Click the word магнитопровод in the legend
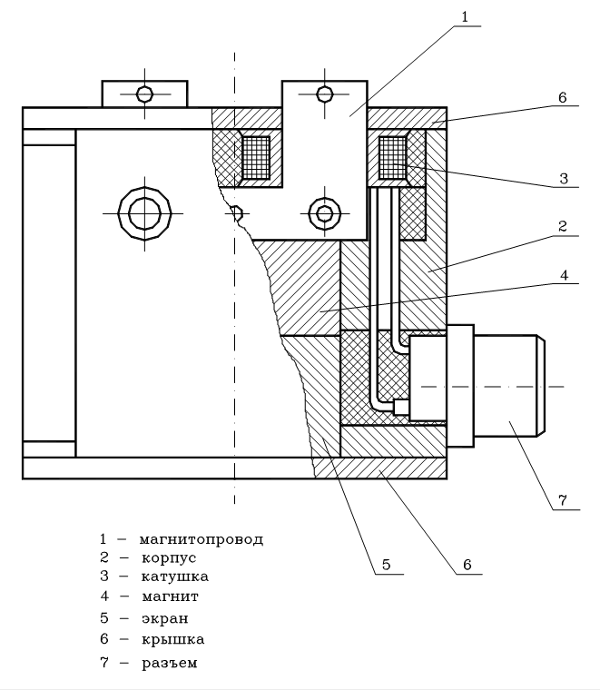(x=202, y=539)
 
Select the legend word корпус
(x=168, y=557)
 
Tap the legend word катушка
(x=174, y=577)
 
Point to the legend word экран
(x=164, y=618)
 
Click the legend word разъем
(x=169, y=663)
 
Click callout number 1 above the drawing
(x=465, y=16)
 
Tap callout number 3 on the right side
(x=564, y=179)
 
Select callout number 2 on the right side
(x=563, y=226)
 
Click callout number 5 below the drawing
(x=386, y=565)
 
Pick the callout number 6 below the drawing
(x=467, y=565)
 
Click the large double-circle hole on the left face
(x=144, y=214)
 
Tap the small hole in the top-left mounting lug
(x=144, y=94)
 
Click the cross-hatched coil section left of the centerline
(x=256, y=158)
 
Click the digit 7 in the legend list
(x=104, y=663)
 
